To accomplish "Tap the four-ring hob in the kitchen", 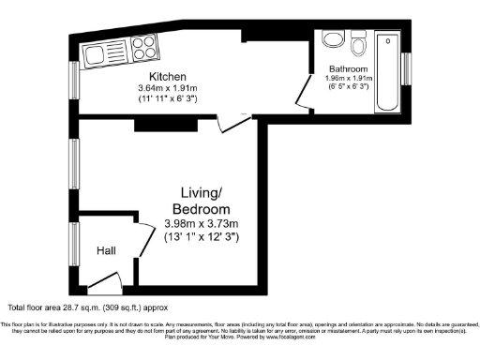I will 144,46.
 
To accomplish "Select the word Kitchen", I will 167,76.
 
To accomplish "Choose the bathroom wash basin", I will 332,38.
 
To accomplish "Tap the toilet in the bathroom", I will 361,44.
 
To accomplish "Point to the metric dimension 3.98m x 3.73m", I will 202,223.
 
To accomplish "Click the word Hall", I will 106,251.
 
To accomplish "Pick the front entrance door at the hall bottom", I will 105,279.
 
